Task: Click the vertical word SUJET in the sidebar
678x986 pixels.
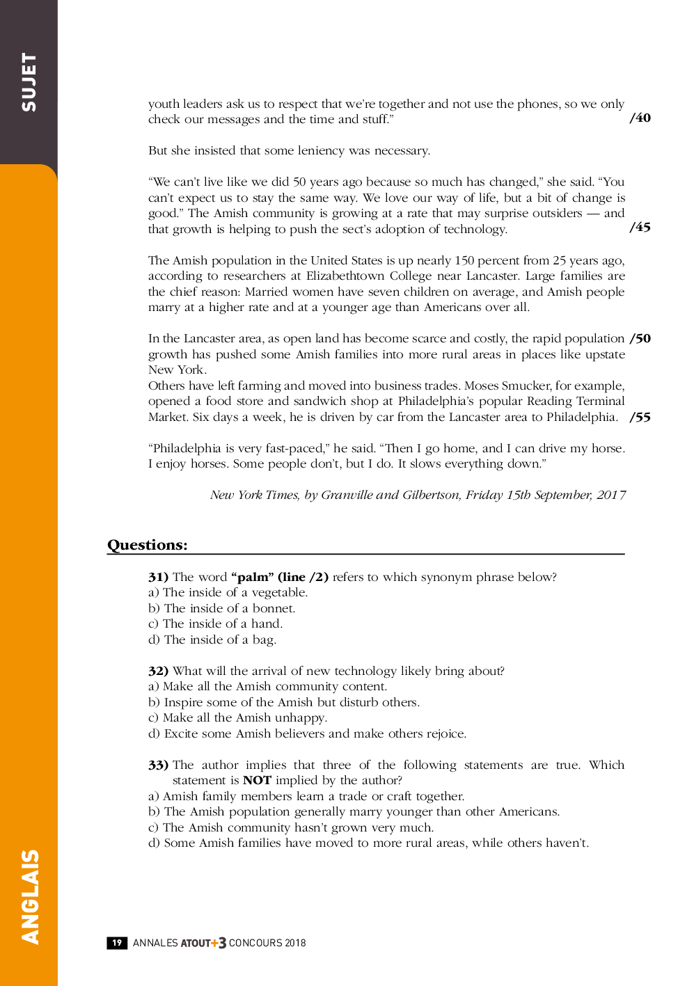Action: pos(29,82)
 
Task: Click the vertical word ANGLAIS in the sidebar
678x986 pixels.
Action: pos(30,896)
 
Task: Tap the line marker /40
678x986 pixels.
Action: pos(640,118)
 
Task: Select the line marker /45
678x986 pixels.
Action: pos(640,228)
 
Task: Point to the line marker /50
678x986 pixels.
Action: pos(640,339)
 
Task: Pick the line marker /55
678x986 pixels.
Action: pos(640,418)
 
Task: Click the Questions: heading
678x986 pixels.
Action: pos(148,545)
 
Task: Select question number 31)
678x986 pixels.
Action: pos(158,577)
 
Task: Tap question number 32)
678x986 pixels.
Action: pos(158,671)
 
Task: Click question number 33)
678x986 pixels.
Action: pos(158,765)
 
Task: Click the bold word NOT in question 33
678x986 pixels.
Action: pos(257,781)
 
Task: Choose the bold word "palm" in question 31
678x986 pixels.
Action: pos(253,577)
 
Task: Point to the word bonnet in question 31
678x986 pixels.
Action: pos(273,608)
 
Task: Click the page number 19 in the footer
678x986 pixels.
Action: pos(117,943)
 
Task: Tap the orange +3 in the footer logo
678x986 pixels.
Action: pos(219,943)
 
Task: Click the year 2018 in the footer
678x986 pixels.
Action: pos(295,943)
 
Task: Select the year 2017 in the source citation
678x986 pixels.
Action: pos(611,495)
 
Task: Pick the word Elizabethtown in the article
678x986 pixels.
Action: pos(345,276)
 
